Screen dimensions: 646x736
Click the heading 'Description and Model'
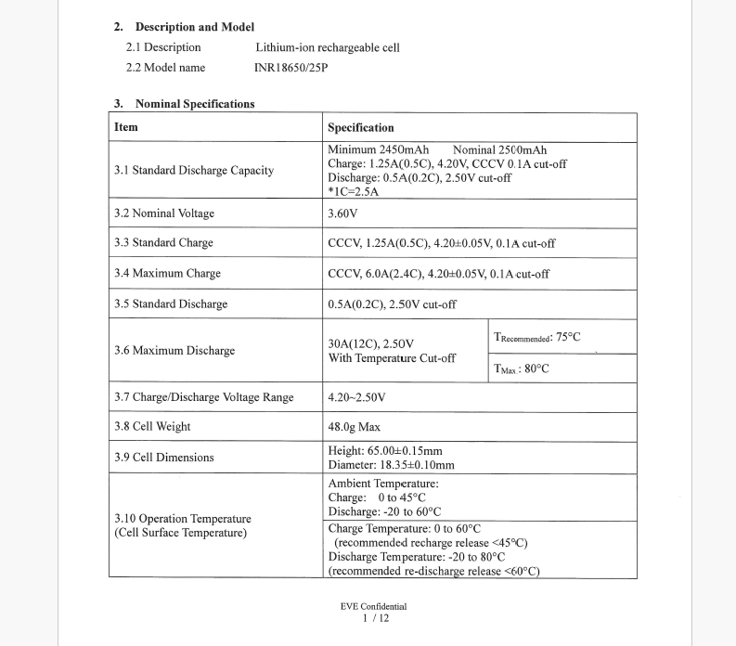[x=194, y=27]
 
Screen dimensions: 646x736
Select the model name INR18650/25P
[x=291, y=68]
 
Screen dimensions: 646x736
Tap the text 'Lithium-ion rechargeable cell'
[x=327, y=47]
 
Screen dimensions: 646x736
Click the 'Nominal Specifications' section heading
[x=194, y=104]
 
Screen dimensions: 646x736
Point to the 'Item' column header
[x=126, y=127]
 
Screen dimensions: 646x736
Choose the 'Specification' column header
[x=361, y=128]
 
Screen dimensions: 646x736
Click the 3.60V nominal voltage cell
[x=343, y=213]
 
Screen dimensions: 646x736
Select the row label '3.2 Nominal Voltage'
[x=164, y=213]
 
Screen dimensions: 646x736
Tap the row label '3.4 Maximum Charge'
[x=167, y=274]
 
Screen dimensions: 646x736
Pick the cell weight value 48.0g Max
[x=355, y=427]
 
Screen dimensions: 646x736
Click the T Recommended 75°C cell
[x=537, y=337]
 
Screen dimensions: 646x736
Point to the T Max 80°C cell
[x=522, y=368]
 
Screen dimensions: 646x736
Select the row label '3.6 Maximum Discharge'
[x=174, y=351]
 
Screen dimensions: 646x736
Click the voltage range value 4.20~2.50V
[x=357, y=397]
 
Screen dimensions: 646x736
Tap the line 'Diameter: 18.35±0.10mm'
[x=392, y=465]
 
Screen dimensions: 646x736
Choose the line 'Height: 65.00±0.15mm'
[x=385, y=451]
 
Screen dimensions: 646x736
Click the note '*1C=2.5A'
[x=354, y=191]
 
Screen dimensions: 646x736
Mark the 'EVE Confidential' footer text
[x=373, y=606]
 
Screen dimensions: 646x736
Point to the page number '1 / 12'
[x=373, y=618]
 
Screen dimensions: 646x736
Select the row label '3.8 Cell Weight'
[x=152, y=427]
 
